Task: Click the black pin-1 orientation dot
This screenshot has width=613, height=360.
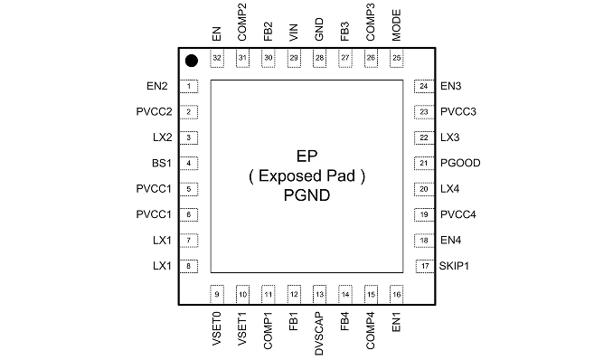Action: click(191, 61)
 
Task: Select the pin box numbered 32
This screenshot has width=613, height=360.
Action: click(217, 58)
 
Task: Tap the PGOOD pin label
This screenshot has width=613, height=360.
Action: click(460, 163)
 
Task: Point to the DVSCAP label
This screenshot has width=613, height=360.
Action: click(319, 334)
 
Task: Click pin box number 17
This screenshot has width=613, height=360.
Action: click(425, 266)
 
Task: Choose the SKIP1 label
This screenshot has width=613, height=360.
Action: click(454, 266)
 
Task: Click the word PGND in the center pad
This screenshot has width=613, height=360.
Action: click(306, 194)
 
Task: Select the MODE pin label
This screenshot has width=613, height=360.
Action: click(396, 25)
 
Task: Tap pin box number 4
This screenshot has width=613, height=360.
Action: click(189, 163)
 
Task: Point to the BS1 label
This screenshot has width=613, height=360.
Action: click(162, 163)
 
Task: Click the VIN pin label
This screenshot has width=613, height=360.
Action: click(294, 33)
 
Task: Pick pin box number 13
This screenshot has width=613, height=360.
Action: click(319, 294)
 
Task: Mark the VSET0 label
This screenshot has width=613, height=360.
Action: click(217, 328)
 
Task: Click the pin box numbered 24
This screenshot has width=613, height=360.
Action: click(424, 86)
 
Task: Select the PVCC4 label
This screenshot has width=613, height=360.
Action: click(458, 214)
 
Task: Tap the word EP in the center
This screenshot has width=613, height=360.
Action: click(306, 156)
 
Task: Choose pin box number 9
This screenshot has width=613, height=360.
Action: click(217, 294)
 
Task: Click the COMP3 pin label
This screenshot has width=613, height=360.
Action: click(370, 22)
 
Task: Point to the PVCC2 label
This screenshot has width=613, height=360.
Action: click(154, 111)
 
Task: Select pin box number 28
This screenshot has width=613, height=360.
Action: click(319, 58)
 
